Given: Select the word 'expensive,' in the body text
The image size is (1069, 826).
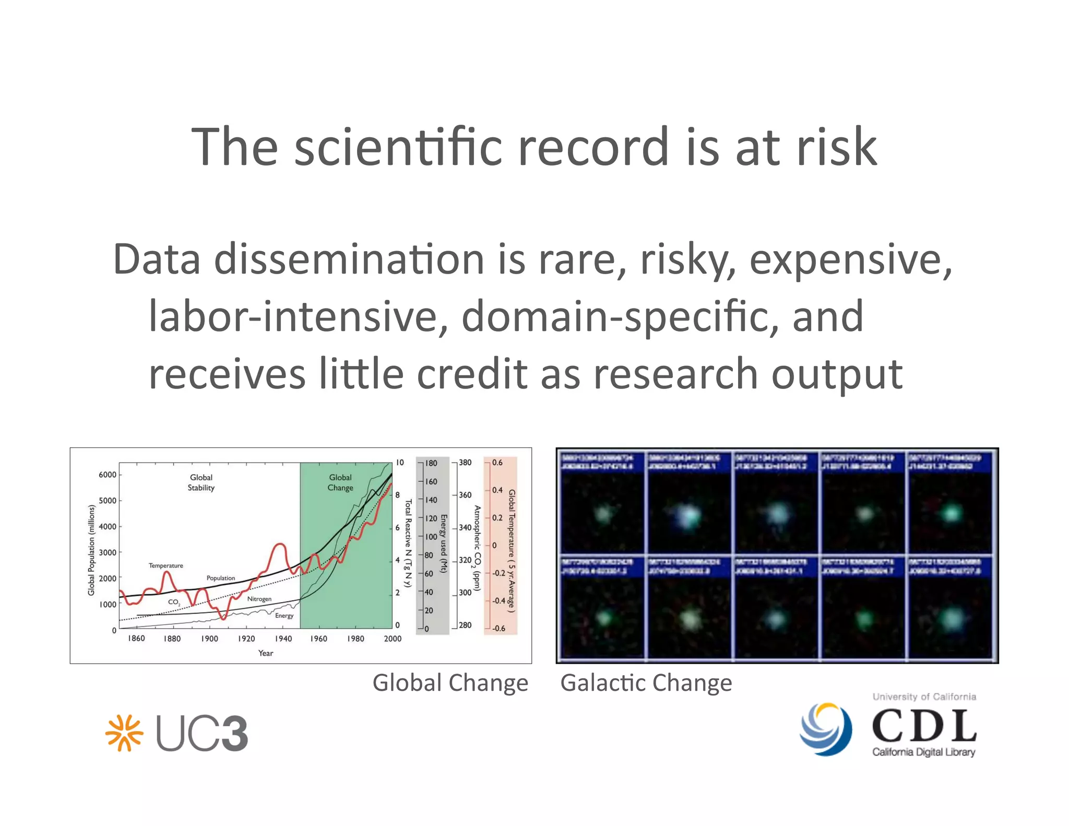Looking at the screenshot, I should [850, 259].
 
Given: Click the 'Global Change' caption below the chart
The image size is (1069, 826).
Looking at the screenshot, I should [450, 683].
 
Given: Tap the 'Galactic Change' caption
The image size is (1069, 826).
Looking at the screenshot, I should [646, 683].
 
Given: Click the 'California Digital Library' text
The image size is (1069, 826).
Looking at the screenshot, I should [923, 752].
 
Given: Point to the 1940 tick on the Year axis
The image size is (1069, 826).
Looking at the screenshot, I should [283, 639].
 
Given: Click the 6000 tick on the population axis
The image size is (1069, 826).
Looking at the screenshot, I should [108, 475].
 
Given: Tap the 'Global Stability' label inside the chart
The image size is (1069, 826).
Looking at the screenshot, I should [201, 482].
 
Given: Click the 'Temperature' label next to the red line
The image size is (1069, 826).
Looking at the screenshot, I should [166, 565].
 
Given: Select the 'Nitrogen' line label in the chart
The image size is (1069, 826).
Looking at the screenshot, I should [259, 599].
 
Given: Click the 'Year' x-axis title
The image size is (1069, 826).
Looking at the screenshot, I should [266, 653].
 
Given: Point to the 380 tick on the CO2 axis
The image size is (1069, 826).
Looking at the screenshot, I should [465, 463].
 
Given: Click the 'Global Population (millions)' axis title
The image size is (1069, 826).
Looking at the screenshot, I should [91, 550].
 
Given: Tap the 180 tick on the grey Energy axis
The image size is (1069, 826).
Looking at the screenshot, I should [431, 463].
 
